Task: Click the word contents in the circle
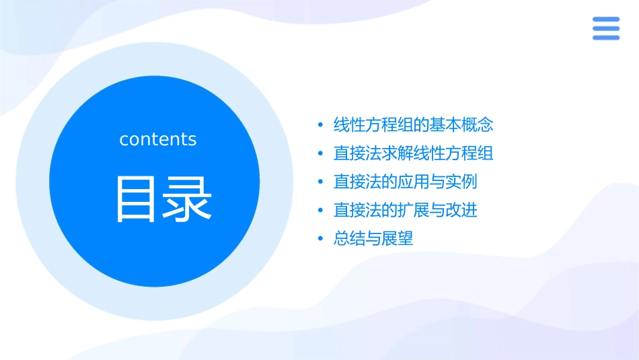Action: pos(158,139)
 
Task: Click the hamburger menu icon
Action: pos(606,28)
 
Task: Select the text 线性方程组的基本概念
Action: pos(414,124)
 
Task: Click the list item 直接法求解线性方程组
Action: pos(414,153)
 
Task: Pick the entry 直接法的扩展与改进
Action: pos(406,210)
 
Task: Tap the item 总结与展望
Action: pos(373,239)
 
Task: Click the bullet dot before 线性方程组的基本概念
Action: pos(320,125)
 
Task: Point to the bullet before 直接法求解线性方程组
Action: pos(320,153)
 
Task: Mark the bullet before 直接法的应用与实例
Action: pos(320,182)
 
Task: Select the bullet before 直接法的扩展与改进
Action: pos(320,211)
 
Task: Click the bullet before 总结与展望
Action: pos(320,240)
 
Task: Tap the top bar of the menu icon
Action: pos(606,20)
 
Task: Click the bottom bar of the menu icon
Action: pos(606,38)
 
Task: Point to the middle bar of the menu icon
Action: pos(606,28)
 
